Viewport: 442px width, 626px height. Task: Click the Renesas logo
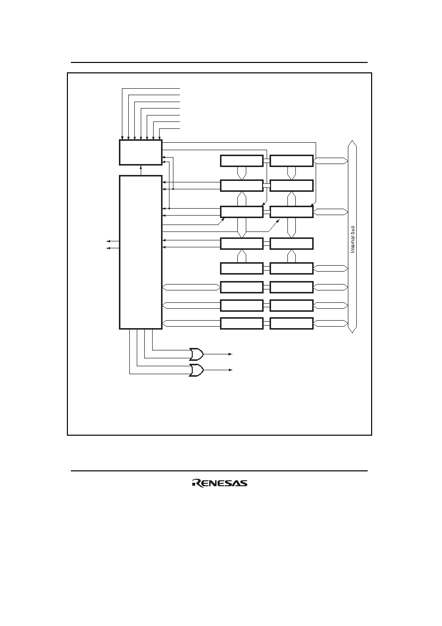tap(220, 483)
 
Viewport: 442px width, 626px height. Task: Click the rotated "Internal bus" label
tap(353, 239)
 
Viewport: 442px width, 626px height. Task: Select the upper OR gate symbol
tap(196, 354)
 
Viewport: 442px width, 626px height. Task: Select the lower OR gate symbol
tap(196, 370)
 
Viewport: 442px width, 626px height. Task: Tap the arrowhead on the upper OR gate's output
tap(230, 354)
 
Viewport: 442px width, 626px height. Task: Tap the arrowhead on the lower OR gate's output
tap(230, 370)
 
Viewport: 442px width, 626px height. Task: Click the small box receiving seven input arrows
tap(141, 153)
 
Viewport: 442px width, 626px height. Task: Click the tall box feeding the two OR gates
tap(141, 252)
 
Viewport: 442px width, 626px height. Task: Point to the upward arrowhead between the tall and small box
tap(141, 167)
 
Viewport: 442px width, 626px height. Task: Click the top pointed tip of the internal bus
tap(352, 141)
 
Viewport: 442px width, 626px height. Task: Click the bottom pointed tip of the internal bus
tap(352, 333)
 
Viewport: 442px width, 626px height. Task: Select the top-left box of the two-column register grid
tap(242, 161)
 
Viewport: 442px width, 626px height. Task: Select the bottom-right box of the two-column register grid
tap(291, 323)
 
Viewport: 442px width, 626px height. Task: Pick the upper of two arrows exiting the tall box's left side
tap(113, 241)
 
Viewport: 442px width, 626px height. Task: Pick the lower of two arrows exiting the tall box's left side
tap(113, 248)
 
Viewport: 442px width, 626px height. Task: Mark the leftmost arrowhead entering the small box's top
tap(122, 138)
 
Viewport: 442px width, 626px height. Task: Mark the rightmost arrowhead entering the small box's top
tap(159, 138)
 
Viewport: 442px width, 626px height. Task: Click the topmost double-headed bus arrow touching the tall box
tap(191, 287)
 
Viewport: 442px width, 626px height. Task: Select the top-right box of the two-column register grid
tap(291, 161)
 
